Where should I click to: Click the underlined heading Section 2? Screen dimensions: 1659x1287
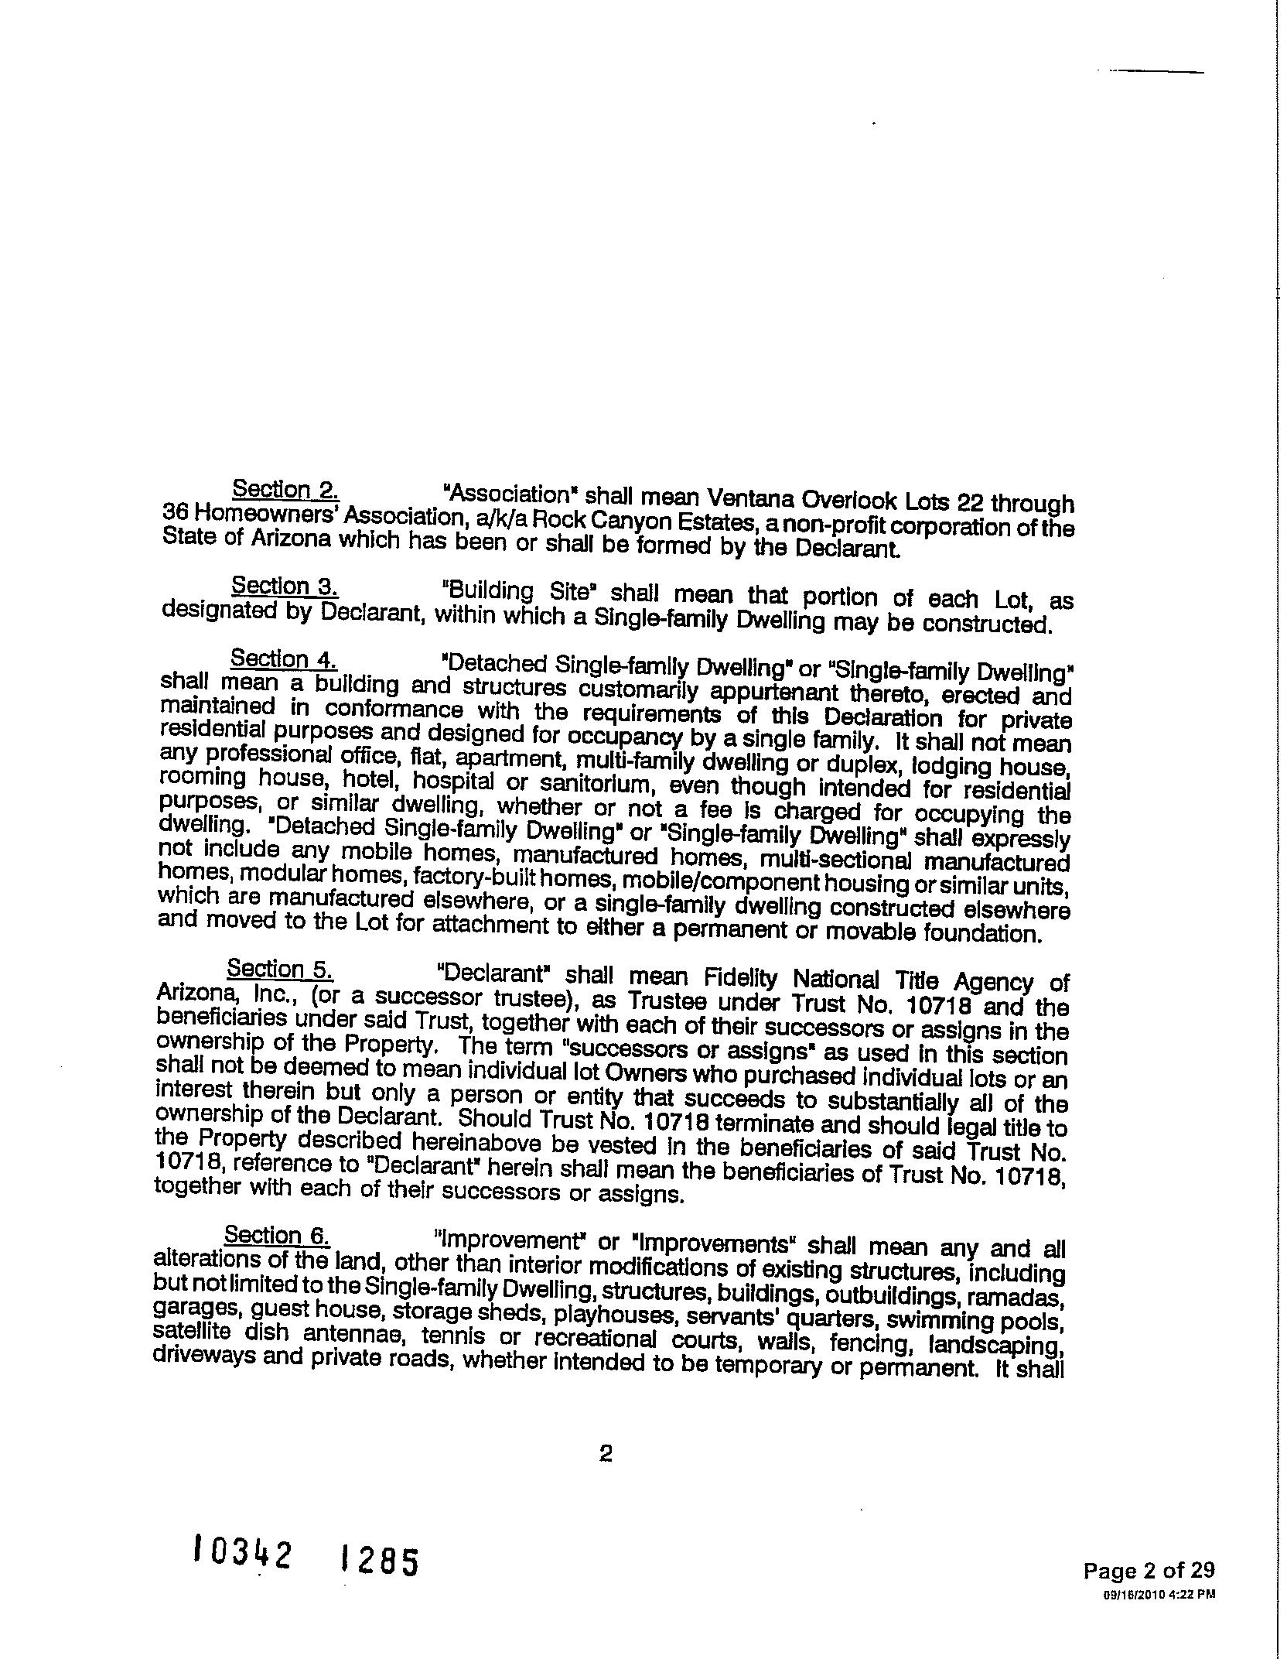[285, 490]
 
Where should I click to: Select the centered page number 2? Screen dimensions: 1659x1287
[606, 1455]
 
